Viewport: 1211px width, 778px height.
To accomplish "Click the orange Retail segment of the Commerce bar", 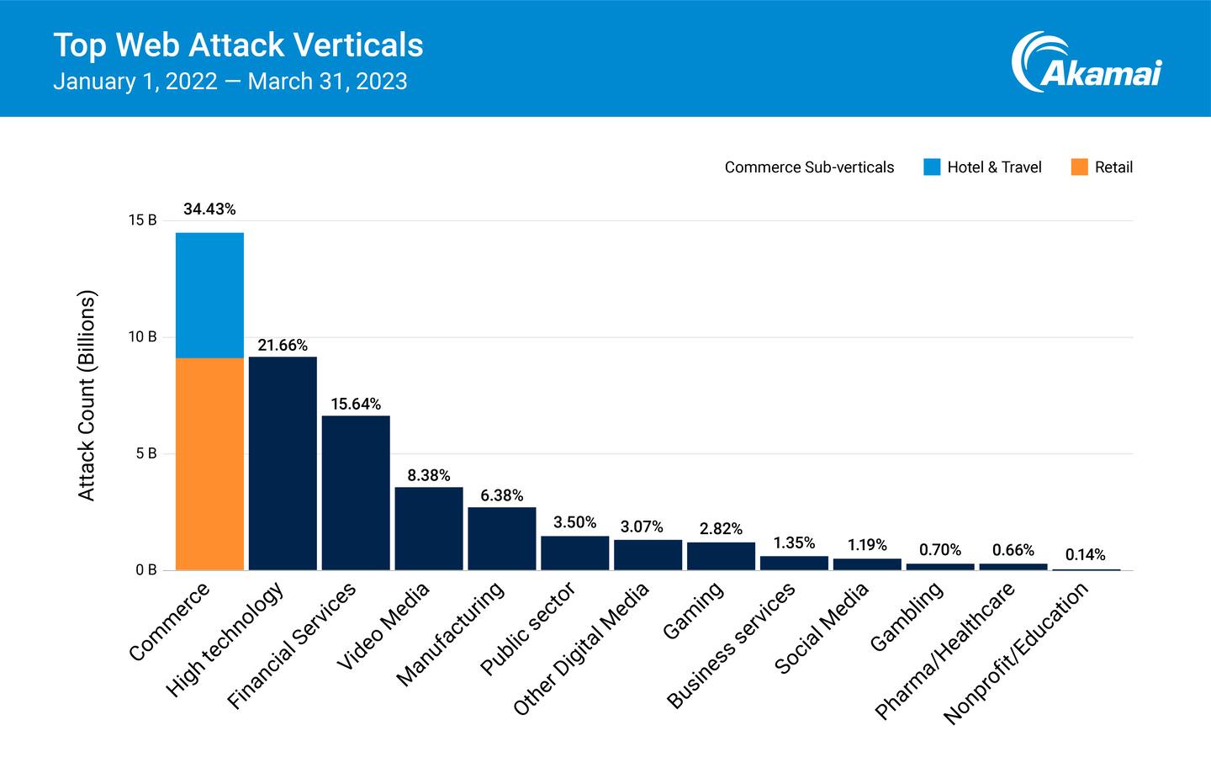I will tap(209, 463).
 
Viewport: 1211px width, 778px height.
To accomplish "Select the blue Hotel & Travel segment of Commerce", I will tap(209, 294).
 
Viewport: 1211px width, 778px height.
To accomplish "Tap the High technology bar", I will tap(283, 463).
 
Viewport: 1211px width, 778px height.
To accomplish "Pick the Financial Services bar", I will tap(356, 493).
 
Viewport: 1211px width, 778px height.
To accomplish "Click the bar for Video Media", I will tap(429, 528).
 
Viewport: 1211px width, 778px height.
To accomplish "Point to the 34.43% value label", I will tap(209, 209).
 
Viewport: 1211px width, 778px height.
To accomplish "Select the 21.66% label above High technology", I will tap(283, 346).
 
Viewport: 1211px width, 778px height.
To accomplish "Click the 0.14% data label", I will tap(1085, 555).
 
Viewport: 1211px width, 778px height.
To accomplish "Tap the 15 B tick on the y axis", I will tap(143, 220).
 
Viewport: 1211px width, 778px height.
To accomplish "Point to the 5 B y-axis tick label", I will tap(146, 454).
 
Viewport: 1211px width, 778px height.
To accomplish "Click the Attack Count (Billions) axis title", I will tap(87, 395).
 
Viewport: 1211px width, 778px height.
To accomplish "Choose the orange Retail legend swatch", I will tap(1079, 167).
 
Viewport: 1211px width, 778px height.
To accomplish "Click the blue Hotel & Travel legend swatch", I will tap(932, 167).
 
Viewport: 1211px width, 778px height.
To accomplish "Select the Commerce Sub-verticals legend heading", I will tap(809, 167).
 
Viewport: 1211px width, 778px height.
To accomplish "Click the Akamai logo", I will tap(1086, 62).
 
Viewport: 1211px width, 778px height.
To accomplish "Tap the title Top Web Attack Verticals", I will tap(238, 45).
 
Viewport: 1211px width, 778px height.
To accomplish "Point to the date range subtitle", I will tap(230, 82).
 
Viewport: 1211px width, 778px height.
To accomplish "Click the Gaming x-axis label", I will tap(693, 611).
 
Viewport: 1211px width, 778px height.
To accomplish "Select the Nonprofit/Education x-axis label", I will tap(1016, 653).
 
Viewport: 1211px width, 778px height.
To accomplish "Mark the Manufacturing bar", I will tap(502, 538).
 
